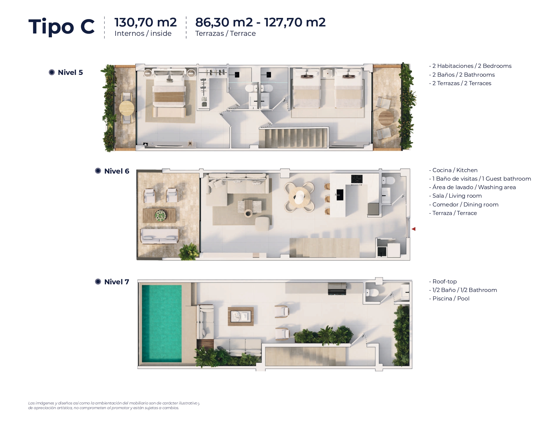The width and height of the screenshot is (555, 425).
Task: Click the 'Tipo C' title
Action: point(61,26)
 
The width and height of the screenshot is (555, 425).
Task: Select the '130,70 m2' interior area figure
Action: point(145,22)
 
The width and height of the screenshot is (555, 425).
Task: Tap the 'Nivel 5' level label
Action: point(70,72)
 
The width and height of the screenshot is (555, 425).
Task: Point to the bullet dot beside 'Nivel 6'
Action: point(98,171)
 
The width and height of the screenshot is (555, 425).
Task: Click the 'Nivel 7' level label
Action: point(117,282)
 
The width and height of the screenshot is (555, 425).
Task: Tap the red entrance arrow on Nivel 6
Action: point(413,229)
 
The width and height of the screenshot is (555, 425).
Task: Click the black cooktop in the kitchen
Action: point(357,179)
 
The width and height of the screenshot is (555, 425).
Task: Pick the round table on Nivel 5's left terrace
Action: point(127,108)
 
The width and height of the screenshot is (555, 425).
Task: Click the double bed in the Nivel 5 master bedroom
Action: point(169,89)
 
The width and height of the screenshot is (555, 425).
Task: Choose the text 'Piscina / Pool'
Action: point(451,298)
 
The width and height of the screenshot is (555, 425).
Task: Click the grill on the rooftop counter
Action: point(337,288)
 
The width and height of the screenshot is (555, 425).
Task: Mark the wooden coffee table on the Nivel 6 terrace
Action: point(159,215)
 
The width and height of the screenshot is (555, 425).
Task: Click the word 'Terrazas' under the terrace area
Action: point(209,33)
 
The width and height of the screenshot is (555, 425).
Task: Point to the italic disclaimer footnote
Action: point(114,405)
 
